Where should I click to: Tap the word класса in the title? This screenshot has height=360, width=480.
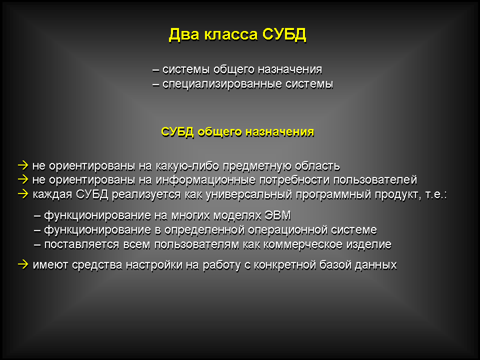pyautogui.click(x=231, y=35)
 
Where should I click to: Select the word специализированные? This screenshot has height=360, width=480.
pyautogui.click(x=222, y=84)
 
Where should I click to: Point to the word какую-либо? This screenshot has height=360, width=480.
pyautogui.click(x=187, y=166)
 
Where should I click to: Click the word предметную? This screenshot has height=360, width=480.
pyautogui.click(x=257, y=166)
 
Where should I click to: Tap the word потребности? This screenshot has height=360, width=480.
pyautogui.click(x=294, y=180)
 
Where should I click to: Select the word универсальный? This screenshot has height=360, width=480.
pyautogui.click(x=249, y=194)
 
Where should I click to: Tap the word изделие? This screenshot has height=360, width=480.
pyautogui.click(x=369, y=244)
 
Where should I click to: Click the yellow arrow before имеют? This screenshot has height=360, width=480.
pyautogui.click(x=23, y=264)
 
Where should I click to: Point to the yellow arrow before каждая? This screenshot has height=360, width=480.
pyautogui.click(x=23, y=194)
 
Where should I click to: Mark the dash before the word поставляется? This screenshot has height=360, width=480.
pyautogui.click(x=37, y=245)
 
